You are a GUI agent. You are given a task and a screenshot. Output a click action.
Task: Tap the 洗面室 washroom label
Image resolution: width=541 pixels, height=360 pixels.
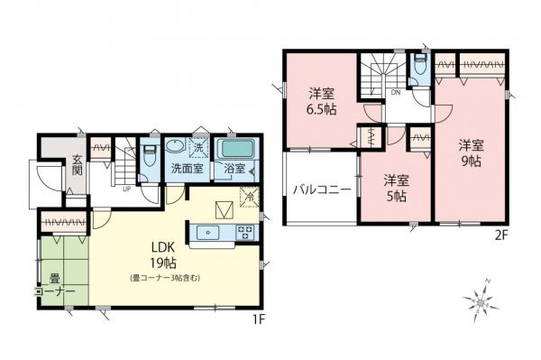tap(186, 169)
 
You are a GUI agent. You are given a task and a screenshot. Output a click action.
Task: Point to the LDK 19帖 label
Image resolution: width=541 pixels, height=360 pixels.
tap(163, 255)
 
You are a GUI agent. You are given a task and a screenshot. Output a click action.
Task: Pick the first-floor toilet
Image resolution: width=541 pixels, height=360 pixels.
tap(148, 153)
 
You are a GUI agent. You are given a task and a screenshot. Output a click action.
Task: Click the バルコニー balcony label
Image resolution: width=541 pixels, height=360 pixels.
tap(320, 190)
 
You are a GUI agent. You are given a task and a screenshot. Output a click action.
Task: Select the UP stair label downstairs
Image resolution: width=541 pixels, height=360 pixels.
tap(124, 189)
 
